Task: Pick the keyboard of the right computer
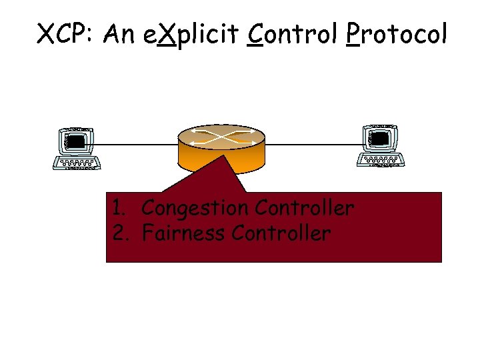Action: tap(381, 160)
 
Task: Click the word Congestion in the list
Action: tap(195, 209)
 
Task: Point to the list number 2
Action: tap(118, 233)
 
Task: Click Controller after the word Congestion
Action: tap(304, 208)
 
